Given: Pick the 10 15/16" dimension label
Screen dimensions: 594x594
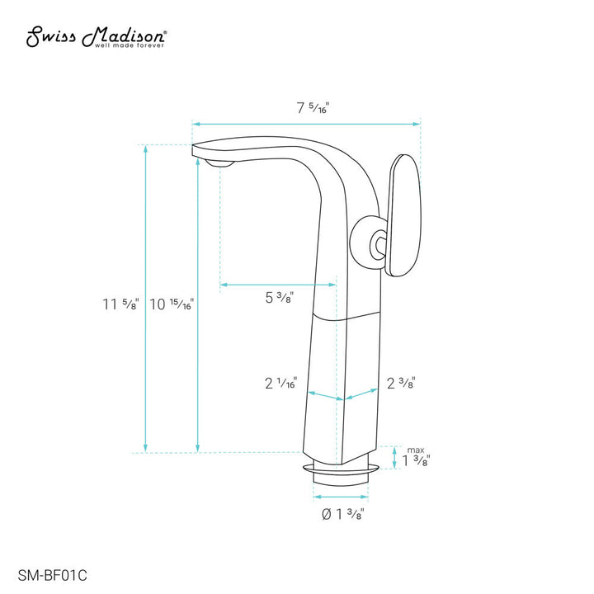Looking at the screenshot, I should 172,304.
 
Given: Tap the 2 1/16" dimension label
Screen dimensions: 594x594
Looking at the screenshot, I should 281,383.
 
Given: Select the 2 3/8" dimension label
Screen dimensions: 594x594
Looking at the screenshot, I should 400,383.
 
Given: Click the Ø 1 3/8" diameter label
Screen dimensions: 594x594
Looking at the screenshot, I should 342,515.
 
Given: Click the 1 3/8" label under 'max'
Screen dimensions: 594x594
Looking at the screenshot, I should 414,460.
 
